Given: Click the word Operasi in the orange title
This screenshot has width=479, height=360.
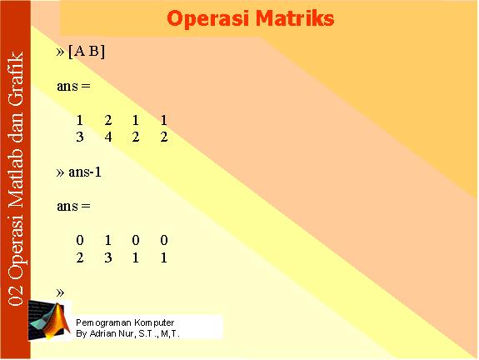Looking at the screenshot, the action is [x=208, y=19].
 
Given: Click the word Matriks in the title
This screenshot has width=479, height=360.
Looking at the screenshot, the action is [x=295, y=18].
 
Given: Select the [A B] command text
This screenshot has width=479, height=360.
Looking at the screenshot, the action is [x=87, y=52].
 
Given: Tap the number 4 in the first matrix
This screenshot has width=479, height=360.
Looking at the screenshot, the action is [x=108, y=137].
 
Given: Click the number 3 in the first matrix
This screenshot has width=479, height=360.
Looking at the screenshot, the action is [x=80, y=137].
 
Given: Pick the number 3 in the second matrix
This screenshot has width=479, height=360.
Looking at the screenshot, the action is [x=108, y=257].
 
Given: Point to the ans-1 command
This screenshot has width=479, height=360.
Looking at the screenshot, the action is [x=85, y=172].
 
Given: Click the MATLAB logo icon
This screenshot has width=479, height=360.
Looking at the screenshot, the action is [x=49, y=320].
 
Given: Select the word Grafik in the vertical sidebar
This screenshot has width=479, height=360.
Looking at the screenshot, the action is [x=16, y=79].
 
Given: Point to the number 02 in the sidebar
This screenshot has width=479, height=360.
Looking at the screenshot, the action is [x=16, y=296].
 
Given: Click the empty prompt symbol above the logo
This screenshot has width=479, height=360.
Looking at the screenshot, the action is [x=60, y=292].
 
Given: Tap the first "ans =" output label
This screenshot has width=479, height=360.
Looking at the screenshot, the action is [x=73, y=86].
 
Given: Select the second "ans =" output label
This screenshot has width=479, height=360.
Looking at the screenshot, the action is [x=73, y=207].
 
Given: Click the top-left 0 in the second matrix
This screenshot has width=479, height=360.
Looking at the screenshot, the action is [x=80, y=240].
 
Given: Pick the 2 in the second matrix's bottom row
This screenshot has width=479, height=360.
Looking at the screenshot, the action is [x=80, y=257].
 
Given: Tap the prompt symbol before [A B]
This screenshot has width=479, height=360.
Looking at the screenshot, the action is [x=60, y=52].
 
